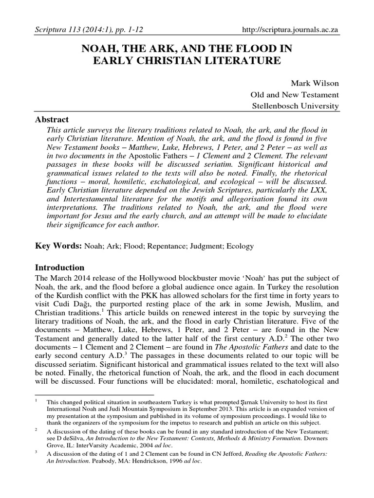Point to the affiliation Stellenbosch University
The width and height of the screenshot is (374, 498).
[295, 106]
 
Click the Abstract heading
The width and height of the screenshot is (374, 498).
[52, 120]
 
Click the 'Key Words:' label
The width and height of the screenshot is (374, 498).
[58, 246]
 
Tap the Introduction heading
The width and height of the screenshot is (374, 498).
[60, 267]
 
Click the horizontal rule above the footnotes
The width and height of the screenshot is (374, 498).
[94, 394]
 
